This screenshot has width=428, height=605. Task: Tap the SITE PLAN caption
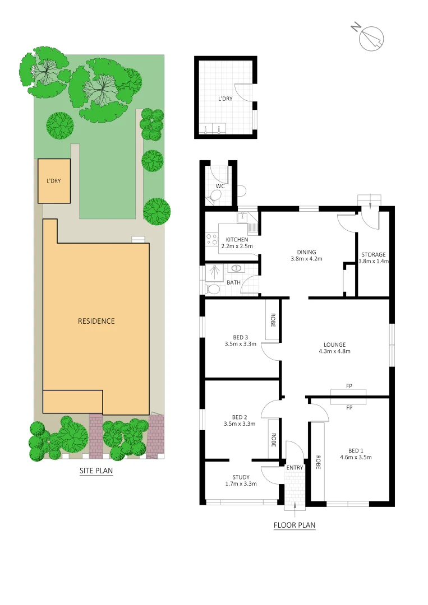click(96, 471)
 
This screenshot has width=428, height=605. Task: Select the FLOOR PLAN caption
click(294, 525)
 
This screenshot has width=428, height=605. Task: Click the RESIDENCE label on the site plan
click(96, 321)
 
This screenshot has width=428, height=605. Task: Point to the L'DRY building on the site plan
click(54, 181)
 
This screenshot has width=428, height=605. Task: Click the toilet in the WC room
click(214, 197)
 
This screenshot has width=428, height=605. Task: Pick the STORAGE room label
click(374, 258)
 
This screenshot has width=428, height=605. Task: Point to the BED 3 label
click(240, 340)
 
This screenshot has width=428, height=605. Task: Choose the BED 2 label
click(240, 420)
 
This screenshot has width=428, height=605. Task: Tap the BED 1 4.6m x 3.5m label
click(356, 454)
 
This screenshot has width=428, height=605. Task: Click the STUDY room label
click(241, 480)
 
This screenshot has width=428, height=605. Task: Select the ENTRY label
click(294, 468)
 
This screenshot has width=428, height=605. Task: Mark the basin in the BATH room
click(236, 269)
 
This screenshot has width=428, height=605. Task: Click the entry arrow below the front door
click(294, 507)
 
